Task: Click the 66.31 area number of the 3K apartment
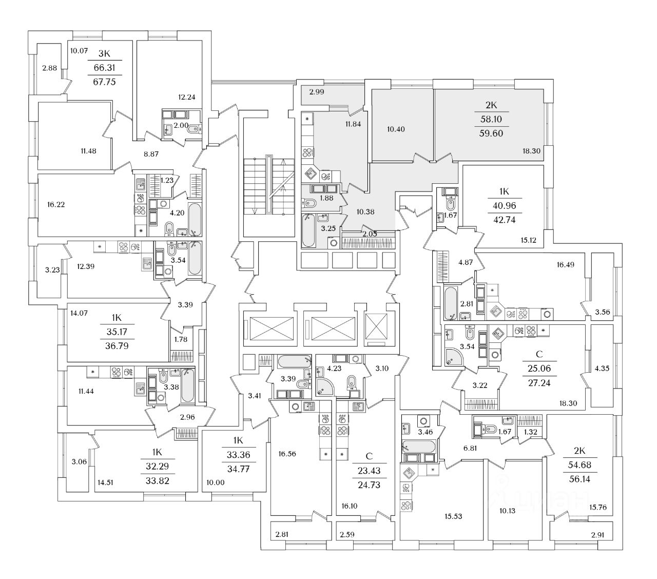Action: click(104, 67)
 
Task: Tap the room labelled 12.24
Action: click(186, 97)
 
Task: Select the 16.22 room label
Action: click(56, 204)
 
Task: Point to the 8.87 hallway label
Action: click(151, 154)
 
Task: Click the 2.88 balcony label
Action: click(49, 68)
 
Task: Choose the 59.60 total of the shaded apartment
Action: click(491, 133)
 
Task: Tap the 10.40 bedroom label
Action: click(396, 129)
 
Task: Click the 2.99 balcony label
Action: click(317, 92)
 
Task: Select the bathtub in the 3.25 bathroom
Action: click(308, 230)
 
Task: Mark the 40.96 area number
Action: click(504, 205)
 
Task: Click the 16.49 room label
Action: click(565, 264)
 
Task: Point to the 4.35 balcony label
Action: click(602, 368)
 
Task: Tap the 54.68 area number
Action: click(579, 465)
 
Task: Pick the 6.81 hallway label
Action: click(470, 448)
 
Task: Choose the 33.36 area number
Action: click(238, 454)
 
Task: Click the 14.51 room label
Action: click(105, 483)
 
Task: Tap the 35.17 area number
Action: click(117, 332)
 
